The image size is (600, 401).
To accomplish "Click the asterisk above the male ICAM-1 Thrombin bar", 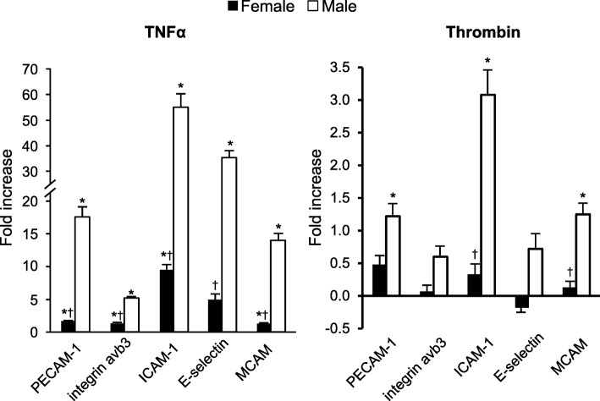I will tap(487, 59).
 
